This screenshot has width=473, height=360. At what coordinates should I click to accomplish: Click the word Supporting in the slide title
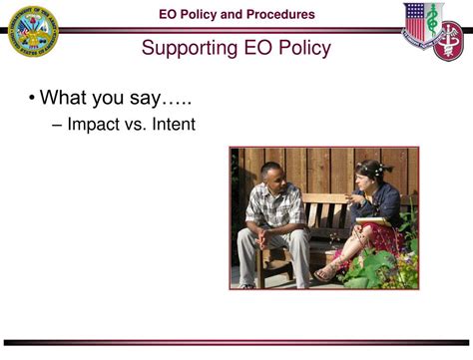tap(188, 48)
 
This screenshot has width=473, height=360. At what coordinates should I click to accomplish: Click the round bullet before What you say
tap(32, 99)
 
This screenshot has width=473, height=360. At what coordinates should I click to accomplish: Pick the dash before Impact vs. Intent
tap(57, 126)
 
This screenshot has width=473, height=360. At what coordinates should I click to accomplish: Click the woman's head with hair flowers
tap(370, 175)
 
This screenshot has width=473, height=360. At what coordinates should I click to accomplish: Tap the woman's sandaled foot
tap(326, 273)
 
